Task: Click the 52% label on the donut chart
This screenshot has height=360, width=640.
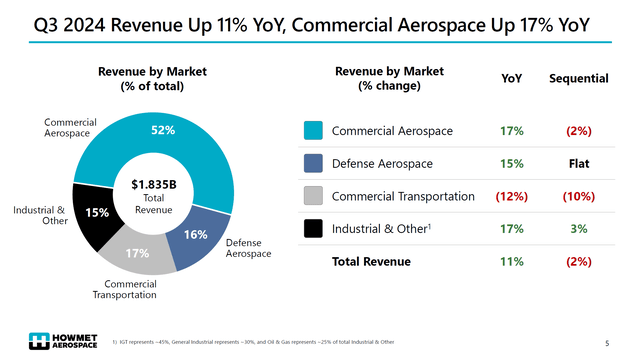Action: coord(163,130)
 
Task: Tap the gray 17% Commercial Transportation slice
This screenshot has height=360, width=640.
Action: coord(138,254)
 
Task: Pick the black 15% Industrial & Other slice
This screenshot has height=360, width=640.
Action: coord(97,213)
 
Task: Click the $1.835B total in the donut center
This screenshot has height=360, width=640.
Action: coord(153,184)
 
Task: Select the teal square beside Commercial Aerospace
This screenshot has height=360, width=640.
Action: coord(312,131)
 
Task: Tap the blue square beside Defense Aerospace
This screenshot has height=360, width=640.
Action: coord(312,163)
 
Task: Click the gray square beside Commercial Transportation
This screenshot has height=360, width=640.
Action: coord(312,196)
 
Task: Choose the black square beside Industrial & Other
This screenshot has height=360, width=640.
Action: coord(312,229)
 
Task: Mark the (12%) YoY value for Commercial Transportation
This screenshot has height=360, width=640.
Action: coord(511,196)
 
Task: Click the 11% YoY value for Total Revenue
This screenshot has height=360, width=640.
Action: coord(511,262)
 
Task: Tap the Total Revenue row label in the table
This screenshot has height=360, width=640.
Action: coord(371,262)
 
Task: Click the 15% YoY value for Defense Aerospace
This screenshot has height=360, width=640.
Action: coord(511,163)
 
